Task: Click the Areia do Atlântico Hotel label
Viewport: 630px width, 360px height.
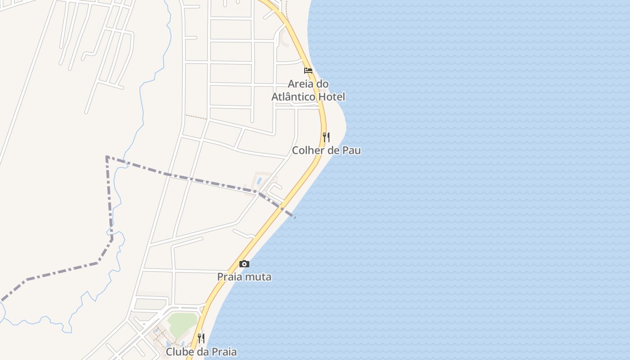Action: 308,90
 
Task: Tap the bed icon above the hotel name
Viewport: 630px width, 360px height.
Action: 308,71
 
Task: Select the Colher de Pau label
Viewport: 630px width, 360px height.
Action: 326,150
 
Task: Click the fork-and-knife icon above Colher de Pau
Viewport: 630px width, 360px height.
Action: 326,137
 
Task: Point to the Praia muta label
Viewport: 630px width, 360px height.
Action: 244,277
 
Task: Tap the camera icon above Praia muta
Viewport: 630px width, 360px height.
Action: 244,264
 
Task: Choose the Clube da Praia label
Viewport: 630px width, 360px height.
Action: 201,351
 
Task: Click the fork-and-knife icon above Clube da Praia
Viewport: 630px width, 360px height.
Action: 201,338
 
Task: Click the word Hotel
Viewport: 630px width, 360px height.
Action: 332,97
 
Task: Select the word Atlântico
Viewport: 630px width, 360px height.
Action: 293,97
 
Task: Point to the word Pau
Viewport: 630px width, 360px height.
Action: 351,150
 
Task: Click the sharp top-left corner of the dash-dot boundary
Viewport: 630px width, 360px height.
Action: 107,157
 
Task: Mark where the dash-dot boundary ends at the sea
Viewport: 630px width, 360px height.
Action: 295,217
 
